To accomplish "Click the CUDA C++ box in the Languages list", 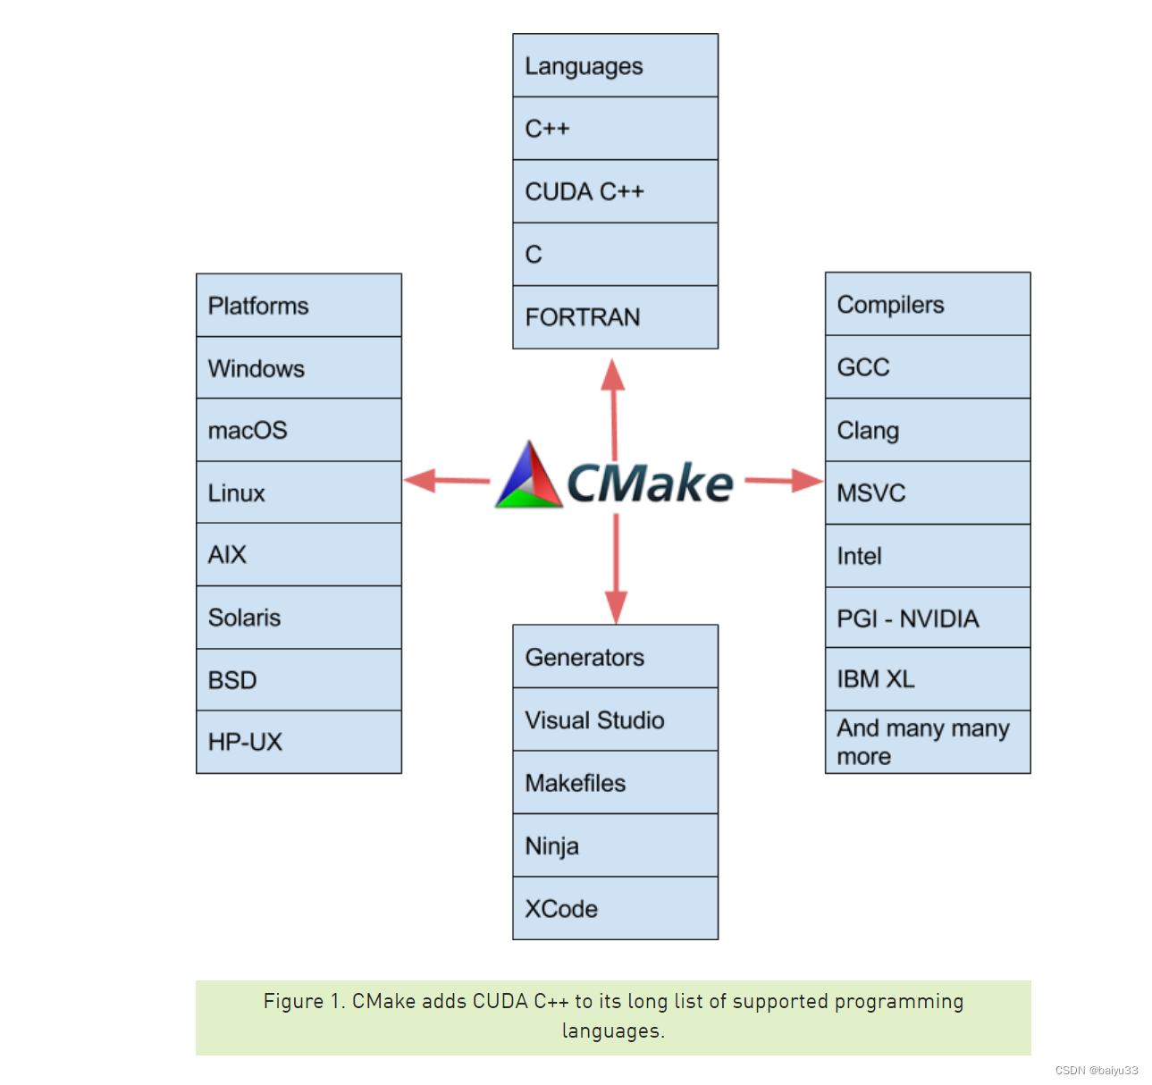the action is pos(615,191).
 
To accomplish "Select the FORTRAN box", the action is pos(615,316).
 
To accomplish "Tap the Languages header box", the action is pos(615,65).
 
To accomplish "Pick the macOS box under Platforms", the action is pos(299,429).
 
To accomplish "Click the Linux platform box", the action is pos(299,492).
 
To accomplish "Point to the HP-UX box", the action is pos(299,742).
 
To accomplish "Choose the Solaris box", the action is pos(299,617).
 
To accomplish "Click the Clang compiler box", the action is pos(928,429).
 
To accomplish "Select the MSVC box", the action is pos(928,492).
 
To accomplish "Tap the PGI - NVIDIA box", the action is pos(928,618).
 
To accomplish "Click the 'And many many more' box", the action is pos(928,742).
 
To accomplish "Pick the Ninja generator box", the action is pos(615,845).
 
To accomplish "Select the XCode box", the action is pos(615,907).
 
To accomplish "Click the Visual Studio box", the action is pos(615,719).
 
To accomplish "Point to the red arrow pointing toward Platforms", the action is pos(447,480).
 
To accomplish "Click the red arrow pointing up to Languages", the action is pos(614,409).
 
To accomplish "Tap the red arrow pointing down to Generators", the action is pos(616,568).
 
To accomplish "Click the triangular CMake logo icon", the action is pos(528,475).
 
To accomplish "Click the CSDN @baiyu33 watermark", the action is pos(1096,1070).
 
